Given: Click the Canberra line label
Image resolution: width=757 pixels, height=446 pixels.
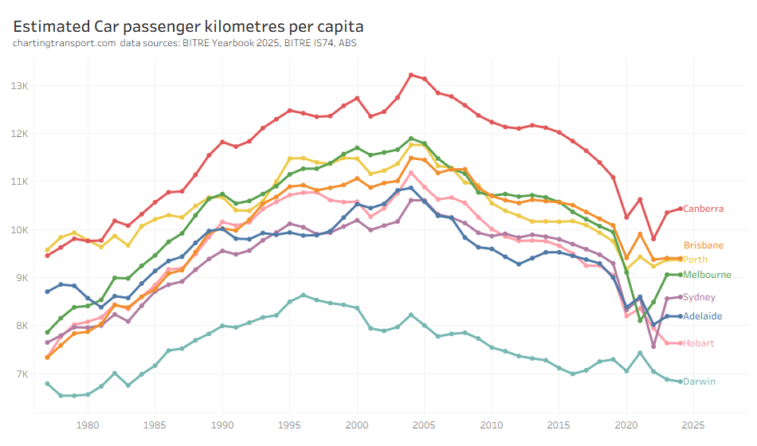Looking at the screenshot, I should tap(704, 209).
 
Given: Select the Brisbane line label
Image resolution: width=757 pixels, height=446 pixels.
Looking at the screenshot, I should tap(704, 245).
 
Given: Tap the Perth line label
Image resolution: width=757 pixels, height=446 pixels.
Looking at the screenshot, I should tap(696, 260).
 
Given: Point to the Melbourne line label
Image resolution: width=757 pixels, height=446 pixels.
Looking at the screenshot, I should tap(708, 275).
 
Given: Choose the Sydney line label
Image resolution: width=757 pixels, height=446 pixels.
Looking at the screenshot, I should tap(700, 297).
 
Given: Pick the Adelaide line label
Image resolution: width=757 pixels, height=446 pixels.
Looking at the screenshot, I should tap(703, 316).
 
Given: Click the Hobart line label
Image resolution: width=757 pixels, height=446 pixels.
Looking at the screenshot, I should tap(699, 343).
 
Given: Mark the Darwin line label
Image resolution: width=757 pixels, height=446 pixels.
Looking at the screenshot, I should tap(699, 381).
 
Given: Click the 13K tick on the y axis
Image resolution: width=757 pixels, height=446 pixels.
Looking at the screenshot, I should tap(20, 85).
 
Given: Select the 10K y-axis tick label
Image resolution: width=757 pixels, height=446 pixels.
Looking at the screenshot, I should tap(20, 230).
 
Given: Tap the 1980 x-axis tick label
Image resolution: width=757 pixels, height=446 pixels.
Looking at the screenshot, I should tap(88, 424).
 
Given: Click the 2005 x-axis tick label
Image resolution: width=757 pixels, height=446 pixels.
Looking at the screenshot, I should tap(425, 424).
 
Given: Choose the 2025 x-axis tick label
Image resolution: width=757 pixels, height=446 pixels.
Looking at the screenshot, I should tap(693, 424).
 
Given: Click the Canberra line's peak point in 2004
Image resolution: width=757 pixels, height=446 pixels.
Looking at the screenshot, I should tap(411, 75).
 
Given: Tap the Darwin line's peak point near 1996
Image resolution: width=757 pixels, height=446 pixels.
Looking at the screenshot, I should tap(304, 295).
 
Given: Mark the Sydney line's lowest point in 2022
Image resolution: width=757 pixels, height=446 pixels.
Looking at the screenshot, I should tap(653, 346).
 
